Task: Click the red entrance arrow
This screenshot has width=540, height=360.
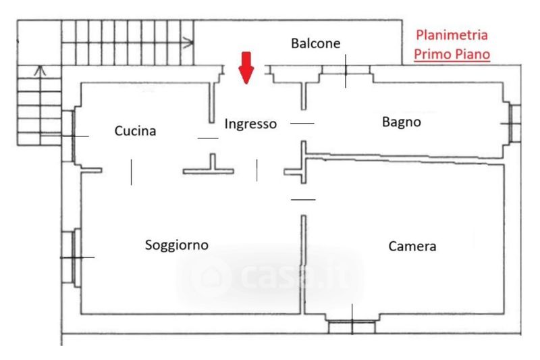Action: [x=246, y=67]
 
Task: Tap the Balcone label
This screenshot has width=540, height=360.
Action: [x=315, y=43]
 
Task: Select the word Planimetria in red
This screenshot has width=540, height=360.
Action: [x=452, y=35]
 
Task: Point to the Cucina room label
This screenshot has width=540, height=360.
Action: [x=135, y=131]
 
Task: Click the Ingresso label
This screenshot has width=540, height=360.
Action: [x=250, y=124]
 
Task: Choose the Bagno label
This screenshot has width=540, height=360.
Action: [x=401, y=122]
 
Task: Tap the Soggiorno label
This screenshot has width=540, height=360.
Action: [x=177, y=245]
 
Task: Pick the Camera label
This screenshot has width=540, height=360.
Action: [x=412, y=247]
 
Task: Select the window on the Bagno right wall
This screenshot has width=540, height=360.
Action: [x=514, y=124]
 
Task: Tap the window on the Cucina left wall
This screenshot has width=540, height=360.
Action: [x=67, y=136]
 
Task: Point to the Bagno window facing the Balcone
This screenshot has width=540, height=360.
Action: [x=346, y=70]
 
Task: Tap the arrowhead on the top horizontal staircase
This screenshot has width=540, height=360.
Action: [x=191, y=43]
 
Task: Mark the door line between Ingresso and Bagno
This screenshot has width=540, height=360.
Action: [x=302, y=124]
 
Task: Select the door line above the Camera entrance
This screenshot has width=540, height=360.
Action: [x=302, y=199]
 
